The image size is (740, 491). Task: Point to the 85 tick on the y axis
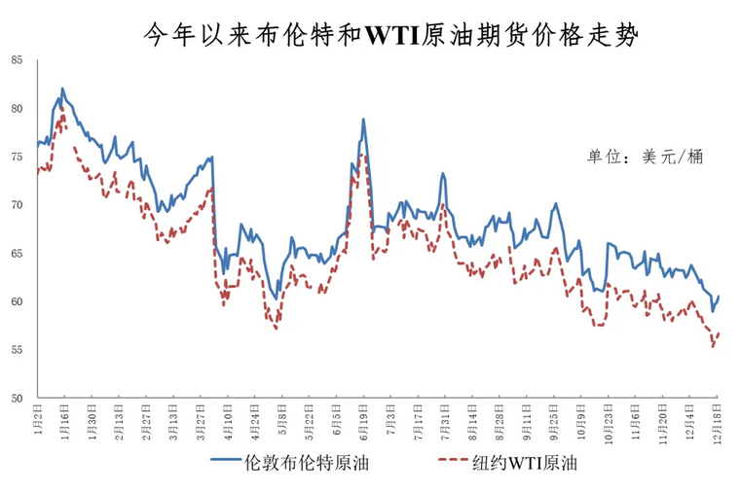click(x=17, y=60)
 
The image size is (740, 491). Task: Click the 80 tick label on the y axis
click(x=17, y=109)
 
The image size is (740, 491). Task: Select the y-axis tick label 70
click(x=17, y=205)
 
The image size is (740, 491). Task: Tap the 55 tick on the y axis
click(x=17, y=350)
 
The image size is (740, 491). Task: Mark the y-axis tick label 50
click(x=17, y=398)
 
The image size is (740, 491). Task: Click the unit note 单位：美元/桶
click(x=645, y=156)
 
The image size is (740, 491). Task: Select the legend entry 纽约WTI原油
click(x=526, y=463)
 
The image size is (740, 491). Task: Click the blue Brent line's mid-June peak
click(x=363, y=120)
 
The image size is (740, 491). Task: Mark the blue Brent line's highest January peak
click(x=62, y=88)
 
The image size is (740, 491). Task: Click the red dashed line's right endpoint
click(x=719, y=333)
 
